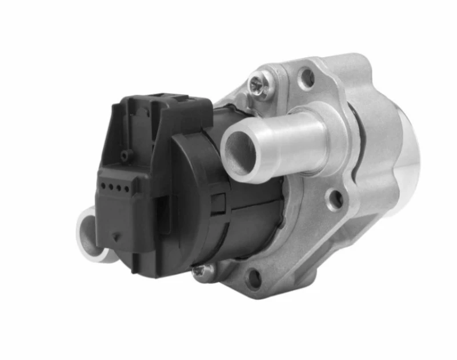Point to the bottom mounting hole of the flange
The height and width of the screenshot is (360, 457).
tap(254, 278)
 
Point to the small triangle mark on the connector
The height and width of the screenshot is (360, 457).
tap(116, 235)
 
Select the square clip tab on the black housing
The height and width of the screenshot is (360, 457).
tap(218, 201)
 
